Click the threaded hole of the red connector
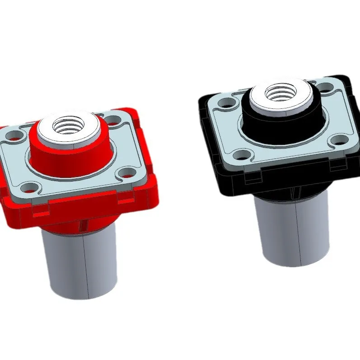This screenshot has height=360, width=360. (68, 125)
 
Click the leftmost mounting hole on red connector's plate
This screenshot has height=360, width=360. (15, 135)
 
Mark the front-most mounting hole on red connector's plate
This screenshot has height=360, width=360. (29, 186)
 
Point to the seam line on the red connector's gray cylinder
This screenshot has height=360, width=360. (84, 266)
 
